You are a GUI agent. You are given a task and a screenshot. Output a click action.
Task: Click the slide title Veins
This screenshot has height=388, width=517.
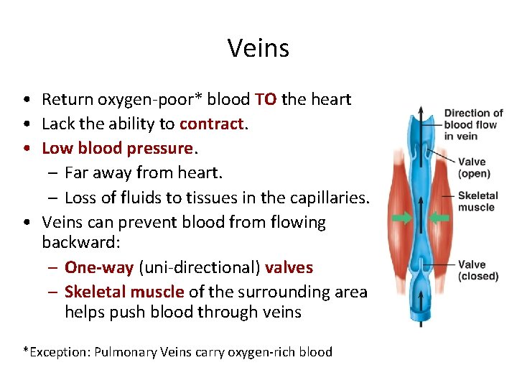[x=258, y=48]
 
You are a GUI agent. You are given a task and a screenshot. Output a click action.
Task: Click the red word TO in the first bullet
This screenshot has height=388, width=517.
[x=265, y=99]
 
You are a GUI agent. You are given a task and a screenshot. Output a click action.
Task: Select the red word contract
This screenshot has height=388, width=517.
[x=212, y=124]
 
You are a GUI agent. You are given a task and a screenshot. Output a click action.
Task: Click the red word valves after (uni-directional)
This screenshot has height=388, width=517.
[x=289, y=267]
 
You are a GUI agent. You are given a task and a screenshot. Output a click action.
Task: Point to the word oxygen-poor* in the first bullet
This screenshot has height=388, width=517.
[x=146, y=99]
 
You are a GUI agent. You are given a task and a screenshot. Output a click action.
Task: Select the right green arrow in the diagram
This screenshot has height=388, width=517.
[x=439, y=218]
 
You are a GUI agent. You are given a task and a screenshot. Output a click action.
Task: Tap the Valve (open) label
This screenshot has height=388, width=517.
[x=474, y=167]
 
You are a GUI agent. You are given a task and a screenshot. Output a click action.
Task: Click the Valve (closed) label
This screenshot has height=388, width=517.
[x=478, y=270]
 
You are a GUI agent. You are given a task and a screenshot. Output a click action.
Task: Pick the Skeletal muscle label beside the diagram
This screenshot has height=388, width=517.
[x=476, y=201]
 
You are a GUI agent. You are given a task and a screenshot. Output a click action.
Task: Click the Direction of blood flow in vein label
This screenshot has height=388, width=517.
[x=473, y=124]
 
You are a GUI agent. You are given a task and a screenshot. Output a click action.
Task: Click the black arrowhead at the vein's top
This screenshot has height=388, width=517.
[x=420, y=113]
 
